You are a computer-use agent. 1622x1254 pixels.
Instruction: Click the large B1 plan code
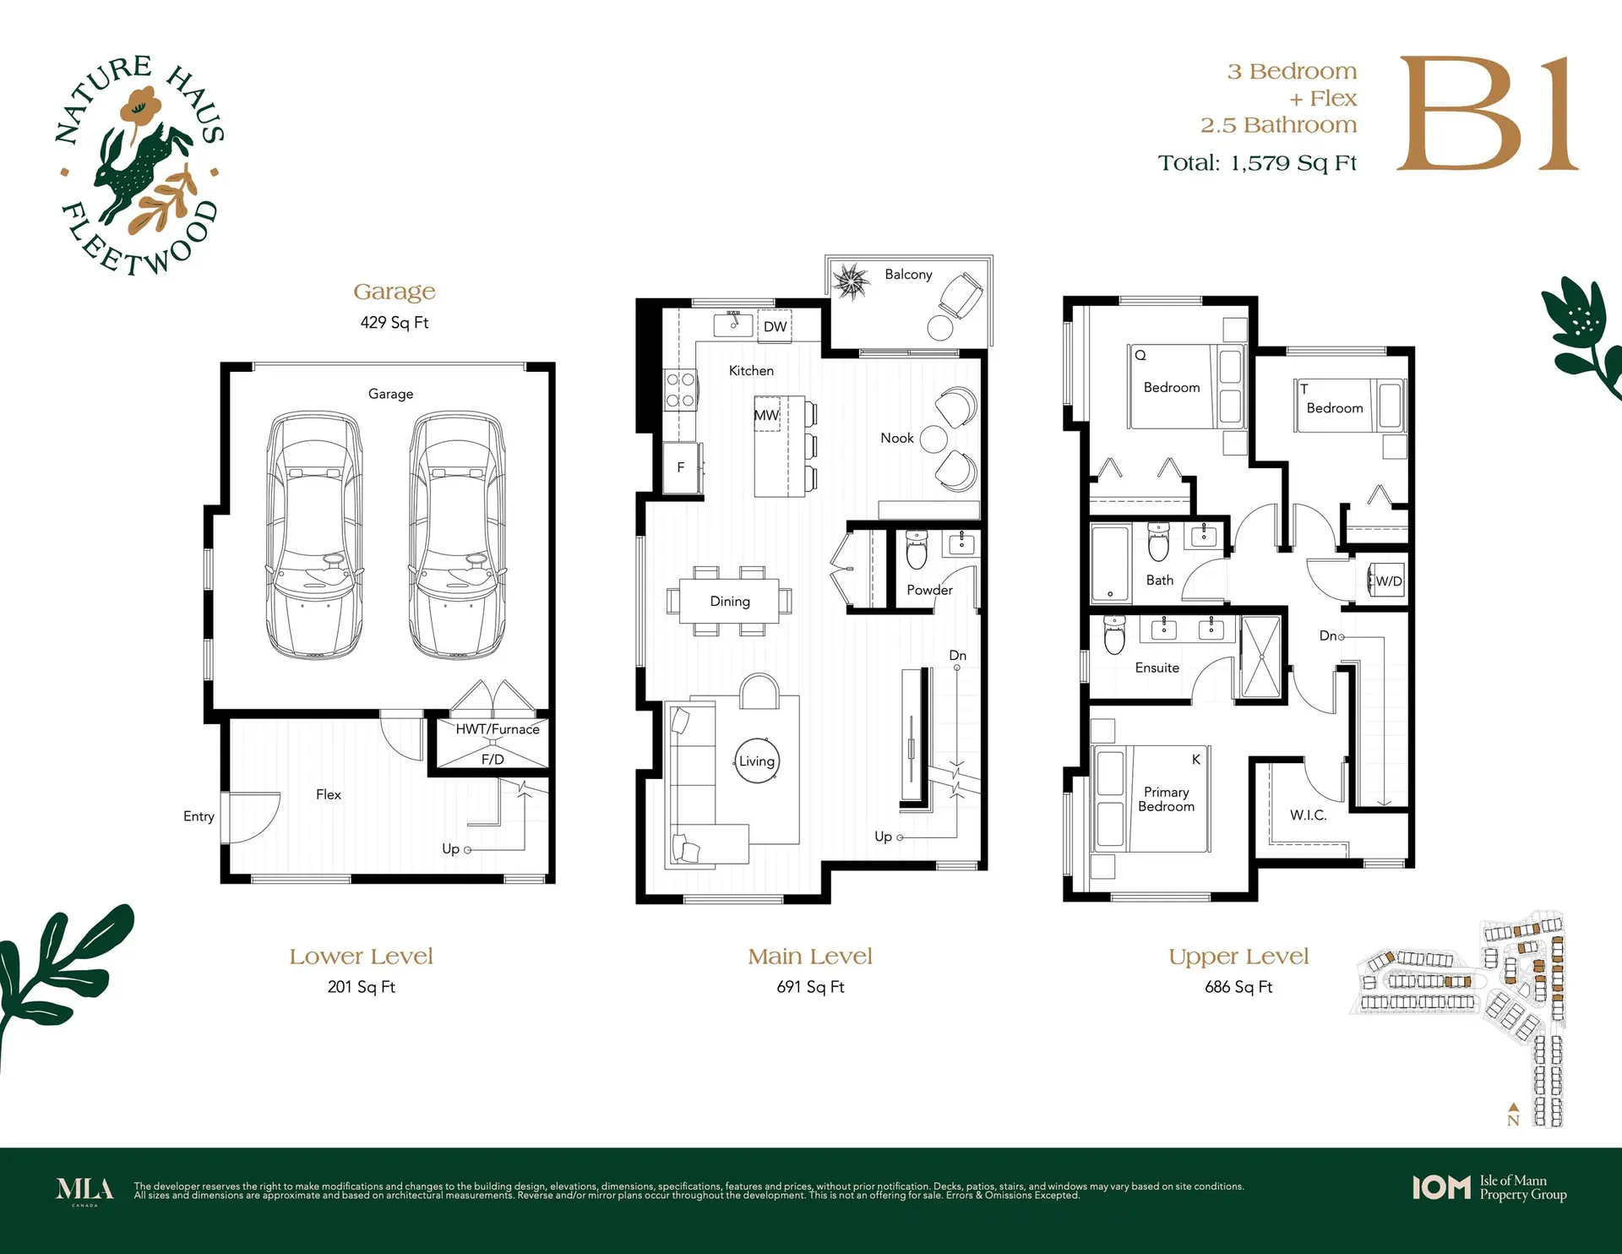(x=1487, y=115)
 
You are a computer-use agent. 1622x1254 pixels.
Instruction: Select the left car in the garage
(x=314, y=536)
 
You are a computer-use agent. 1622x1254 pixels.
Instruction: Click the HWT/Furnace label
(x=498, y=729)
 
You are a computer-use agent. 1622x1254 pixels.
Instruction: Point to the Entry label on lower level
(x=199, y=816)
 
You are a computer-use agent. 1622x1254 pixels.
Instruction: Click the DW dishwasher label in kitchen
(x=775, y=327)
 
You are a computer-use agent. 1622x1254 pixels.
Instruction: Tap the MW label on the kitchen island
(x=766, y=415)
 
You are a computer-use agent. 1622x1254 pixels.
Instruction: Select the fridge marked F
(x=681, y=466)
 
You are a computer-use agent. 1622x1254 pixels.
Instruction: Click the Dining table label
(x=730, y=602)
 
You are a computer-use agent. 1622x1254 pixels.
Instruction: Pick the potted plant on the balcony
(x=850, y=281)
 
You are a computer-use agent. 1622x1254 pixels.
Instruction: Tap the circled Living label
(x=757, y=761)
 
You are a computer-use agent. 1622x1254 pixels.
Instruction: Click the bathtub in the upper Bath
(x=1110, y=562)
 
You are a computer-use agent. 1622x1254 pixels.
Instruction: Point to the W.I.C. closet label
(x=1308, y=815)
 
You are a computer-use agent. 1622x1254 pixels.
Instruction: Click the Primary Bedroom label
(x=1166, y=799)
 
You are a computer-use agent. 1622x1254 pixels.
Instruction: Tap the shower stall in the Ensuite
(x=1260, y=657)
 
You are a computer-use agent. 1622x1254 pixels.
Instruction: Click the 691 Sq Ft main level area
(x=810, y=987)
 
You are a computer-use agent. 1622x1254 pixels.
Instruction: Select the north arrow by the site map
(x=1513, y=1115)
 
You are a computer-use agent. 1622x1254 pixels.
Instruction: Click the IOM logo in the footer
(x=1441, y=1187)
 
